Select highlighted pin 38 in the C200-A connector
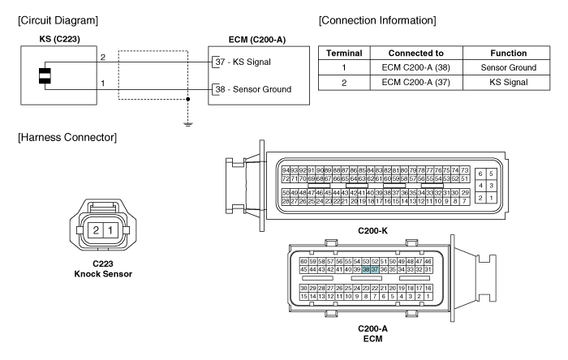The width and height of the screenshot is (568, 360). point(366,269)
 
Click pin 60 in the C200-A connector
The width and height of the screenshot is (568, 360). point(303,261)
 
